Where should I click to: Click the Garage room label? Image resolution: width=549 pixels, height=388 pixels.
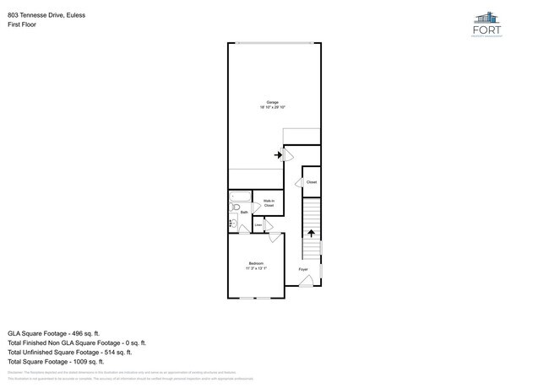pos(273,102)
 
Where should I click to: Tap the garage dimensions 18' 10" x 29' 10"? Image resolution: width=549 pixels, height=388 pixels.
pos(273,107)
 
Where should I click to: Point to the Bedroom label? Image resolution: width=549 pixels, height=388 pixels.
pos(256,263)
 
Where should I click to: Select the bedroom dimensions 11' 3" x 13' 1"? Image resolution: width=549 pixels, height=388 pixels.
pos(256,268)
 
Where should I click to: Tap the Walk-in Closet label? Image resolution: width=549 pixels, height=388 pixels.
pos(269,202)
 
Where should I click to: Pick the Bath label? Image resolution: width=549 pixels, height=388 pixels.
pos(244,213)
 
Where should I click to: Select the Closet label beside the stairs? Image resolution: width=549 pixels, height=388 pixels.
pos(311,182)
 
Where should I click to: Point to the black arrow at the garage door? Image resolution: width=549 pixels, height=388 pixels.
pos(279,154)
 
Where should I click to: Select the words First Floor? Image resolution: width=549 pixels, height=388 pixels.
pos(23,25)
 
